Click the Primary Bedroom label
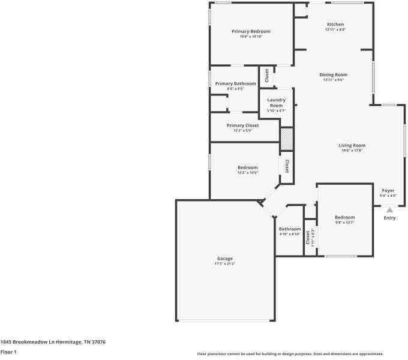251,31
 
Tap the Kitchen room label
335,24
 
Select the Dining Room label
334,75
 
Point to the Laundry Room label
276,103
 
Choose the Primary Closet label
242,125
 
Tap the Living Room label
352,145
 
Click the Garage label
224,259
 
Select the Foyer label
388,190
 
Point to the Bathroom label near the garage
290,229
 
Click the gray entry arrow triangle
389,210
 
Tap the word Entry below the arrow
389,218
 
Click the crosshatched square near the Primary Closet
287,139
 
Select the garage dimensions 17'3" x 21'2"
224,264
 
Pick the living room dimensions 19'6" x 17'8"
352,151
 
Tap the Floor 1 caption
8,352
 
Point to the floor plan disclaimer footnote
290,353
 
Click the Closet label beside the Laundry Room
267,76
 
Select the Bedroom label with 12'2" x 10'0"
247,167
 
